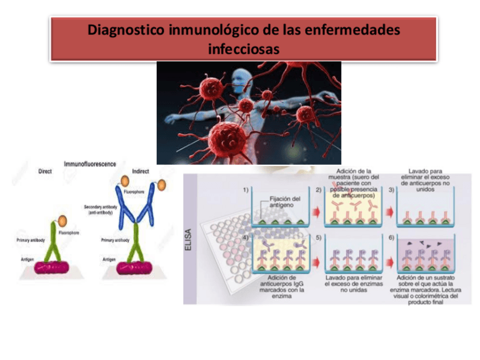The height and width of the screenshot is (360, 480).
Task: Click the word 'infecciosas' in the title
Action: (x=243, y=49)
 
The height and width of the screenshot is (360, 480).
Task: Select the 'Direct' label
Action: (x=44, y=171)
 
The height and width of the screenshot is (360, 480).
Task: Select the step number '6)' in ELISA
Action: (x=391, y=238)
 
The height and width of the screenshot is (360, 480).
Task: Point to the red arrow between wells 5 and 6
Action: (x=389, y=261)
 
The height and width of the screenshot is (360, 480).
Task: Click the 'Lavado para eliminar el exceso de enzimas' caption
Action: (x=354, y=284)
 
